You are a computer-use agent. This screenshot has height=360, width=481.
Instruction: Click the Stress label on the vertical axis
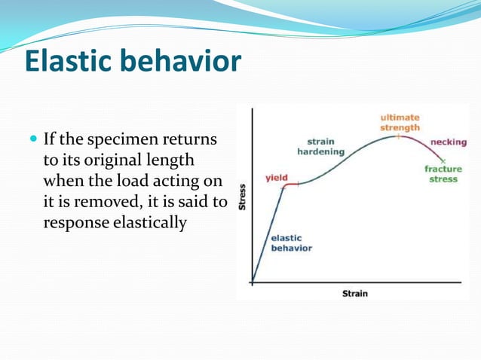pos(242,197)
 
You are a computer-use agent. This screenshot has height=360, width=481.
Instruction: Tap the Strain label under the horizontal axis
pos(355,293)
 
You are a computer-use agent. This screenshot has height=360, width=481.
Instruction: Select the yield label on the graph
pos(276,177)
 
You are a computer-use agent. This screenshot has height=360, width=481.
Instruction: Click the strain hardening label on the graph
pos(321,146)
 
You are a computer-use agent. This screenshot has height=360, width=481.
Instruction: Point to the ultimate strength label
pos(400,122)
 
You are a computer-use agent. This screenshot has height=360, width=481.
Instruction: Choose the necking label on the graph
pos(448,142)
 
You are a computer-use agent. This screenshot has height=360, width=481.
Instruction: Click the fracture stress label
pos(443,174)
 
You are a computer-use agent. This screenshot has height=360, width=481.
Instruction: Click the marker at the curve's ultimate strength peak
pos(399,136)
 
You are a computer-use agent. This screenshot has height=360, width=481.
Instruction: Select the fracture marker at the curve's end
pos(443,161)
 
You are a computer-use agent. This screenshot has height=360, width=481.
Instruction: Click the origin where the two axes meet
pos(252,283)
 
